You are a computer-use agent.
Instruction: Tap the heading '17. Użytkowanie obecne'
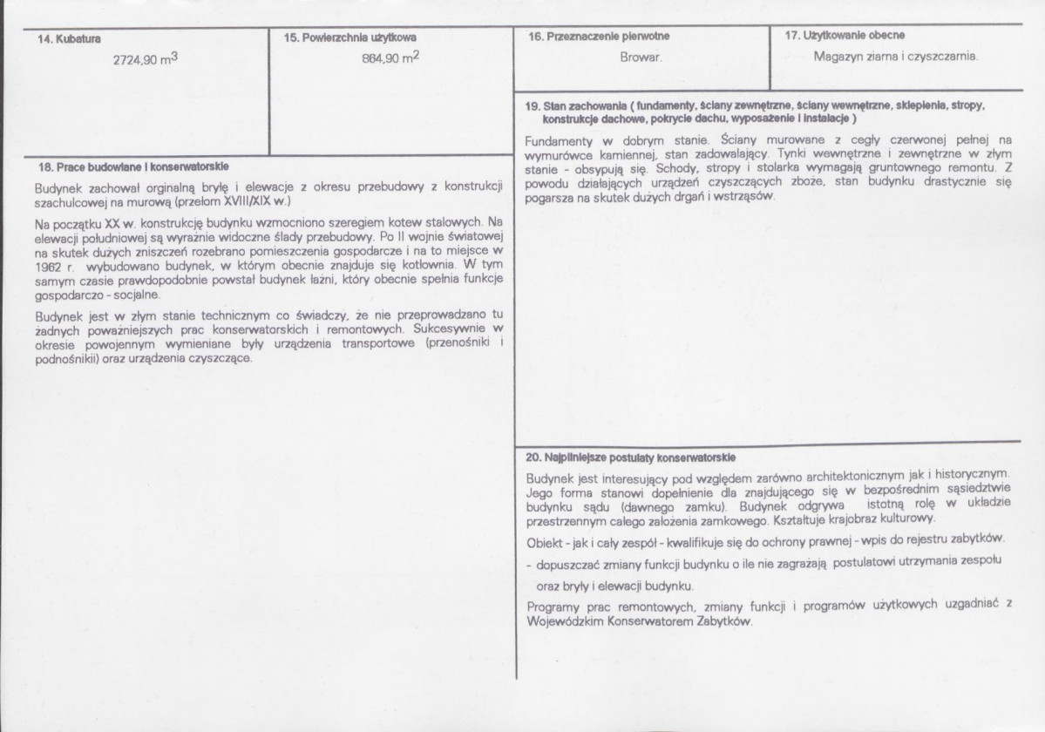tap(845, 36)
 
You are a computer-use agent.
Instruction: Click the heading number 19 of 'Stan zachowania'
tap(533, 105)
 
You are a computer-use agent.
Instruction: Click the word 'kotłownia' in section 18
tap(426, 261)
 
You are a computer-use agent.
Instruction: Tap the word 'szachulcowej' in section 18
tap(68, 200)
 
